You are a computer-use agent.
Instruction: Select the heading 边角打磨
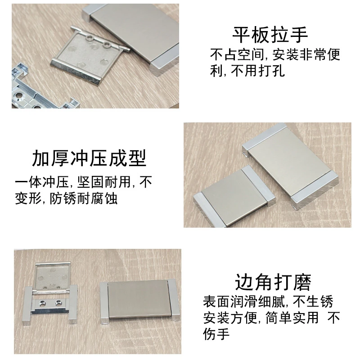click(273, 282)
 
